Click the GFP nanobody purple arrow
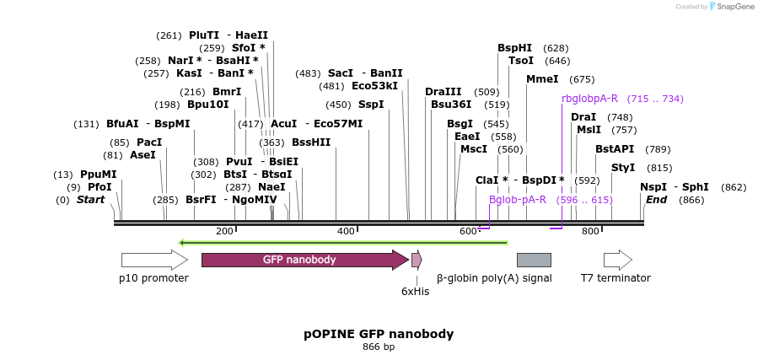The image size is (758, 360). pyautogui.click(x=304, y=260)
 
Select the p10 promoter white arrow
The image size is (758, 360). pyautogui.click(x=153, y=260)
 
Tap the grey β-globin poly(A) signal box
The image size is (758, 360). pyautogui.click(x=534, y=260)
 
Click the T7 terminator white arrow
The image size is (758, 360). pyautogui.click(x=617, y=260)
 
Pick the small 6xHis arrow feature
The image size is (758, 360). pyautogui.click(x=417, y=260)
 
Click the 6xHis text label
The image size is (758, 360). pyautogui.click(x=415, y=292)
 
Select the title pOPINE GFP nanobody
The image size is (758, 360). pyautogui.click(x=379, y=334)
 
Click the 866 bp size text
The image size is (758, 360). pyautogui.click(x=379, y=347)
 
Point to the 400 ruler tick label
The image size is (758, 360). pyautogui.click(x=346, y=231)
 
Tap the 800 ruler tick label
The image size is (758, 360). pyautogui.click(x=590, y=231)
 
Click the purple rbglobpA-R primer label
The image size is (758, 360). pyautogui.click(x=590, y=99)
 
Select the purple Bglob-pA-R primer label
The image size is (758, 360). pyautogui.click(x=518, y=200)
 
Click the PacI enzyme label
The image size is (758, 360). pyautogui.click(x=149, y=142)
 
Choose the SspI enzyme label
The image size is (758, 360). pyautogui.click(x=371, y=105)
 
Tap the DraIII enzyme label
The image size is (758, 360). pyautogui.click(x=444, y=92)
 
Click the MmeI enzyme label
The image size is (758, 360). pyautogui.click(x=542, y=79)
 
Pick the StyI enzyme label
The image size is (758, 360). pyautogui.click(x=623, y=168)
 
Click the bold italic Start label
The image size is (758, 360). pyautogui.click(x=91, y=200)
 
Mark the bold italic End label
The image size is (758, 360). pyautogui.click(x=656, y=200)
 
